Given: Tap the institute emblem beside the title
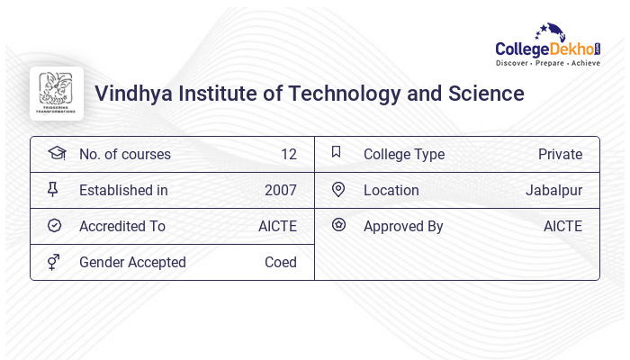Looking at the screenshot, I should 57,94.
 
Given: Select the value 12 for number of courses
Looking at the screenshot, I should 288,155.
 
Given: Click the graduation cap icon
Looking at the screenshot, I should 56,154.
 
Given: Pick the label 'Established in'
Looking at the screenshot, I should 123,191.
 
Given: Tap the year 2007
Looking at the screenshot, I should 281,191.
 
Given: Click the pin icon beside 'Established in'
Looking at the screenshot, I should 54,190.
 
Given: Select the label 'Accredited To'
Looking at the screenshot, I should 122,227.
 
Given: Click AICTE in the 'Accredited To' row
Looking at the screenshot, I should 277,227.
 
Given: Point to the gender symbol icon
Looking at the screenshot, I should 54,262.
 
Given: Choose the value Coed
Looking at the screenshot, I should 281,263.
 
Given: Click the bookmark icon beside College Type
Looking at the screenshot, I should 337,153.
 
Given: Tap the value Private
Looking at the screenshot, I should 560,155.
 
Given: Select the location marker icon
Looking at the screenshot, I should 338,190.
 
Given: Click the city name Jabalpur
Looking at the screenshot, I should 553,191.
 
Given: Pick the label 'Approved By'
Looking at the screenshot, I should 403,227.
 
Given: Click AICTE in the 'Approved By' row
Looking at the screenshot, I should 562,227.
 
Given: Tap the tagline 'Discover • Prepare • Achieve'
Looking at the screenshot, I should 548,64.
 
